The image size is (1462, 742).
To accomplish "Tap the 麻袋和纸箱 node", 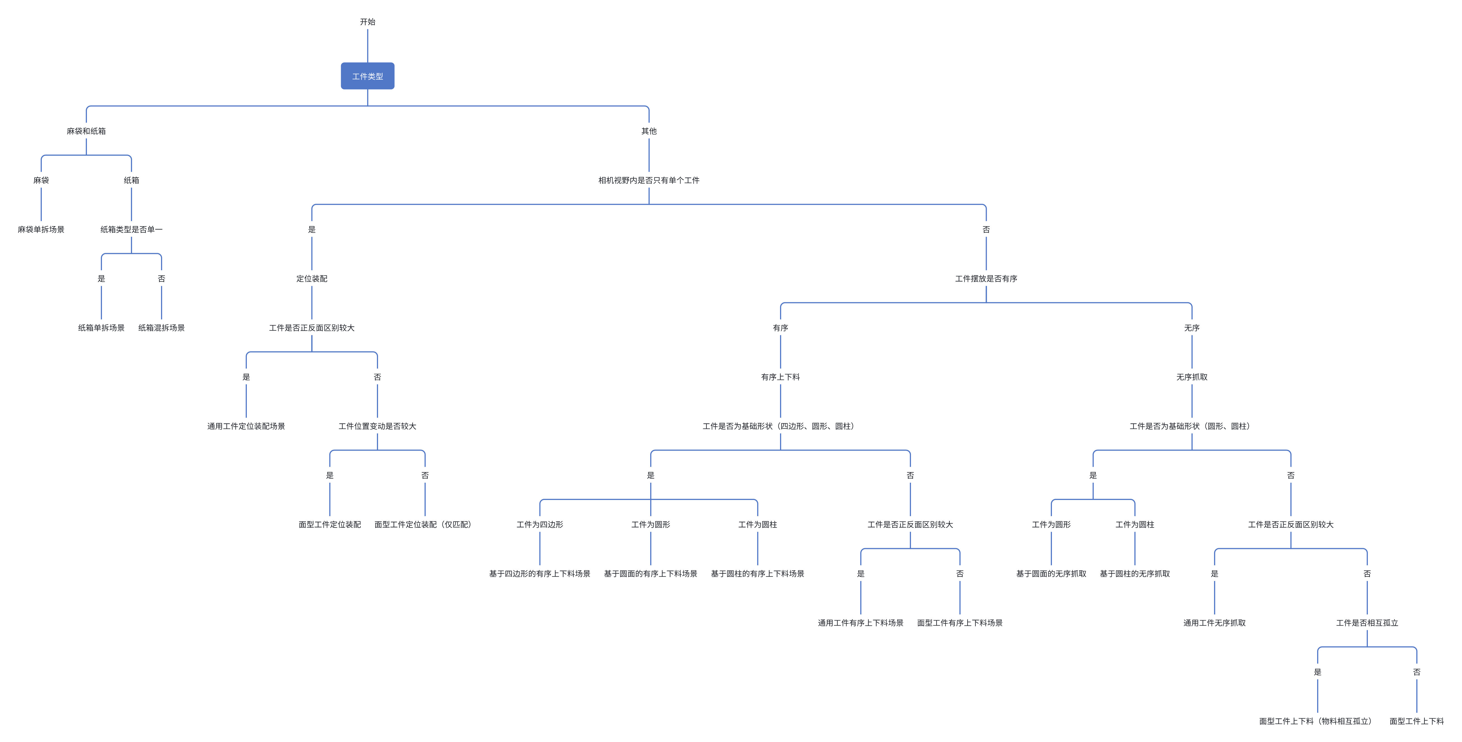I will click(x=86, y=131).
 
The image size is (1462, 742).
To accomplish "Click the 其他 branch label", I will click(x=649, y=131).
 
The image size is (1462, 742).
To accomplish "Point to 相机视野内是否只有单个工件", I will click(x=649, y=180).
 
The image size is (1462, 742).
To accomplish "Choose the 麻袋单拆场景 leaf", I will click(x=41, y=229).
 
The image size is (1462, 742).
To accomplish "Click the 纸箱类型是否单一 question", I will click(x=131, y=229).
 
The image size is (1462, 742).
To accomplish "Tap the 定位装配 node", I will click(x=311, y=279).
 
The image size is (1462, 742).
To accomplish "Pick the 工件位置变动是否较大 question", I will click(x=377, y=426).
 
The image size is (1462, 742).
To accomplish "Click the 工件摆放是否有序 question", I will click(x=986, y=279).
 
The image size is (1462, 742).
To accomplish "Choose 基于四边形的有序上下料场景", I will click(x=540, y=573).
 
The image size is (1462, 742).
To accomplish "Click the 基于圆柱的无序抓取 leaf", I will click(x=1134, y=573).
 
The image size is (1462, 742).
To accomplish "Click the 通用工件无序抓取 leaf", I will click(x=1215, y=623).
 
